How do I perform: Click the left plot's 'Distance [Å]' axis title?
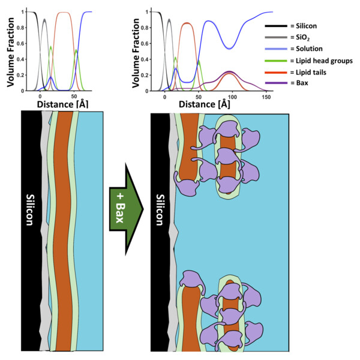tap(62, 104)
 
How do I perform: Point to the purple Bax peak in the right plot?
tap(229, 72)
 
